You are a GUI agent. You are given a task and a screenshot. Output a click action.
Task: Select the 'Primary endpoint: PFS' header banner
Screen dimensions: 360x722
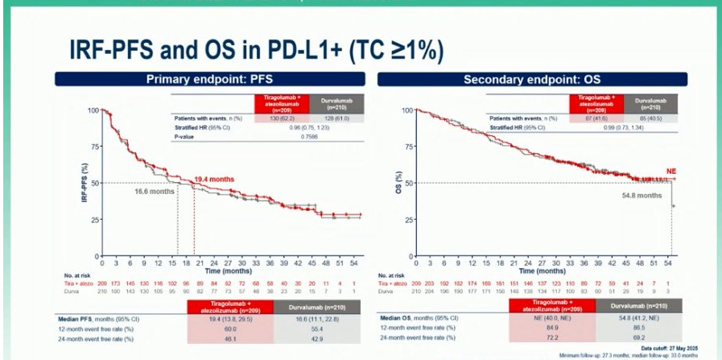point(207,80)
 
